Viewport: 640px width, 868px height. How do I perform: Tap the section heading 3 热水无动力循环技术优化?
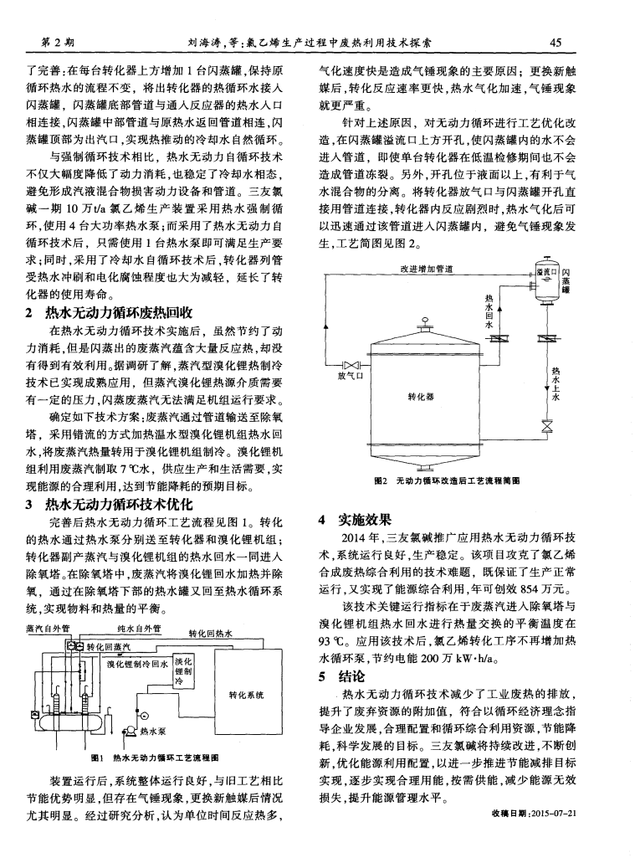(x=115, y=505)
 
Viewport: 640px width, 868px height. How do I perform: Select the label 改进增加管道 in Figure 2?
(x=428, y=269)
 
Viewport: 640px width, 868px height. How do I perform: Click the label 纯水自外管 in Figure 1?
(x=140, y=627)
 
